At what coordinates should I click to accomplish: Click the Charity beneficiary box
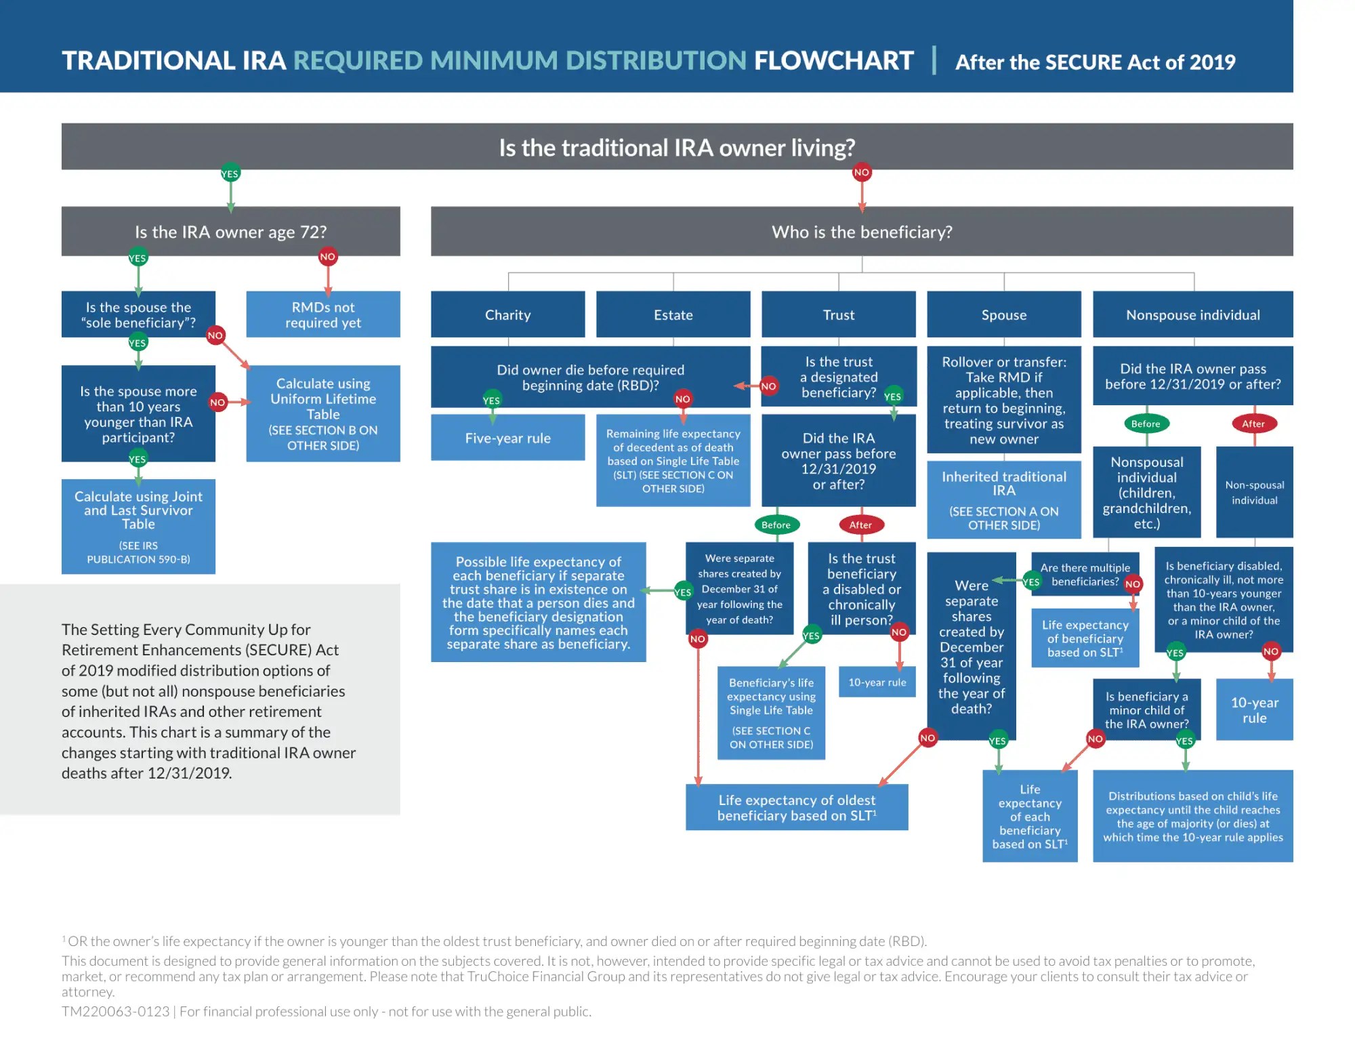tap(507, 314)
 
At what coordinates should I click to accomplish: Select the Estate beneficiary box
tap(673, 314)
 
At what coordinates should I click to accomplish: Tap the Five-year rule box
tap(507, 438)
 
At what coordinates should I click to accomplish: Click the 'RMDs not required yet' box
tap(322, 314)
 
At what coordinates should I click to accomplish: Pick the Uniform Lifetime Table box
tap(322, 413)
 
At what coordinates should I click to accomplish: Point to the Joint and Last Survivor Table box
tap(138, 526)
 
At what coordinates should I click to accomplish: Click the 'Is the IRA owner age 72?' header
tap(230, 232)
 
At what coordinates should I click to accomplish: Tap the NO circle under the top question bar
tap(861, 173)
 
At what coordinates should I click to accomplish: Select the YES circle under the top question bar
tap(230, 174)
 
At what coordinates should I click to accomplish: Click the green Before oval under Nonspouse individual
tap(1146, 424)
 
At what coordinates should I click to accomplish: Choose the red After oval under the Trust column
tap(860, 525)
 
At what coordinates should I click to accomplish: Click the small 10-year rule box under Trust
tap(877, 682)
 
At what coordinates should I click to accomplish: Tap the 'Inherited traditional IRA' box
tap(1003, 499)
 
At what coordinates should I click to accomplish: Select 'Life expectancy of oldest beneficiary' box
tap(797, 807)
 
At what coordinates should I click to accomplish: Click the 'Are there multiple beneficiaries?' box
tap(1085, 575)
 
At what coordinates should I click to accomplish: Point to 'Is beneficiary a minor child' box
tap(1146, 710)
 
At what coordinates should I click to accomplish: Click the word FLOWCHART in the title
tap(833, 61)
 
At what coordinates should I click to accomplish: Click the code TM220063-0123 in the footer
tap(115, 1012)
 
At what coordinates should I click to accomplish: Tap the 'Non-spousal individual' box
tap(1254, 492)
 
